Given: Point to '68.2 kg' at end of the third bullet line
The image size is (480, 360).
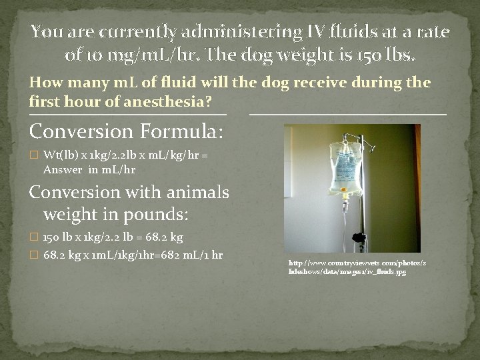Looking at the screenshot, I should coord(163,237).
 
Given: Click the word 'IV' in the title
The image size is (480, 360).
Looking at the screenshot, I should coord(291,31).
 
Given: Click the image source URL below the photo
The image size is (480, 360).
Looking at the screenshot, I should coord(356,267).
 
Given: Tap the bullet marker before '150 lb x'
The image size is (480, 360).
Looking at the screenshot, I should coord(35,237).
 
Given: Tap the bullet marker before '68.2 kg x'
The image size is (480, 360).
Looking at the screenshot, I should coord(35,256).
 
